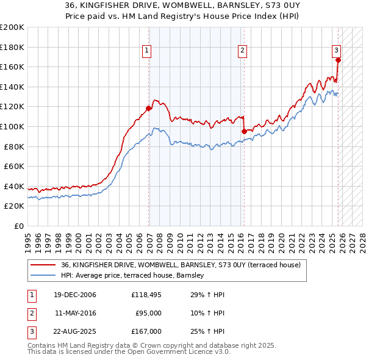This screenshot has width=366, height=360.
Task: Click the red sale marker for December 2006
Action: [149, 109]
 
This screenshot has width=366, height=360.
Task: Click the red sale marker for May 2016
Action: [244, 131]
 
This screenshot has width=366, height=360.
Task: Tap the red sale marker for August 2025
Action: [338, 60]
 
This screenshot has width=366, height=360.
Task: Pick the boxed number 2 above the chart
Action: [243, 51]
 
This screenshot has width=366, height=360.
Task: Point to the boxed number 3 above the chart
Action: [337, 51]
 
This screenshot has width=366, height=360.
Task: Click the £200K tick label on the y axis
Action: [12, 27]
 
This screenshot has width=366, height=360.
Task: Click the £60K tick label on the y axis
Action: [15, 166]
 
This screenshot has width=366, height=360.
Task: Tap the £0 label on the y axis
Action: [18, 226]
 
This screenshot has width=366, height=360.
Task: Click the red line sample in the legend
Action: [43, 265]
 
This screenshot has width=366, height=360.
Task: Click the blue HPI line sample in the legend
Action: [43, 276]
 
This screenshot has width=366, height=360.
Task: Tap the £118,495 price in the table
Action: [146, 295]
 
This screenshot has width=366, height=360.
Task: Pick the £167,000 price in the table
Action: [146, 331]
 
